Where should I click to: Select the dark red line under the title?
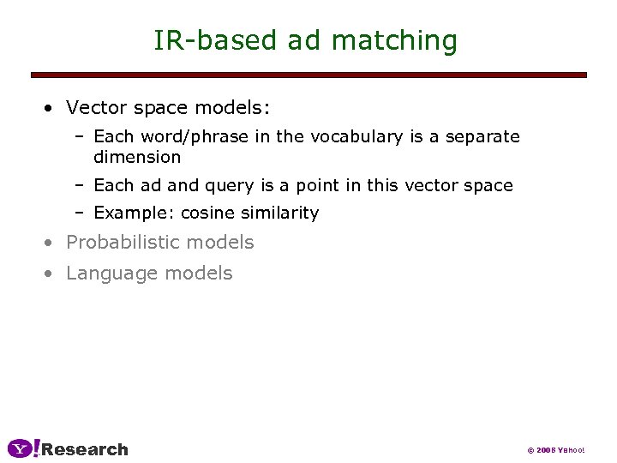pyautogui.click(x=308, y=75)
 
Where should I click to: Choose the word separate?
pyautogui.click(x=482, y=136)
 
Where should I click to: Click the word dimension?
pyautogui.click(x=137, y=157)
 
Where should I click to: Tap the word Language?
pyautogui.click(x=105, y=274)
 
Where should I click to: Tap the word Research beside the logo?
pyautogui.click(x=85, y=449)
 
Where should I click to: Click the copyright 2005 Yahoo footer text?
pyautogui.click(x=555, y=450)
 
